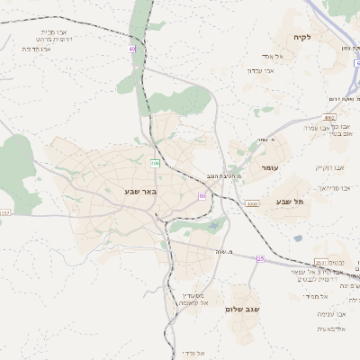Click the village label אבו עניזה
tap(331, 314)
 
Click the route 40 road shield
tap(132, 49)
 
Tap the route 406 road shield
tap(155, 163)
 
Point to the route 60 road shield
tap(202, 195)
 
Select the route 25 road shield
tap(260, 258)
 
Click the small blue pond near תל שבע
tap(298, 238)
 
